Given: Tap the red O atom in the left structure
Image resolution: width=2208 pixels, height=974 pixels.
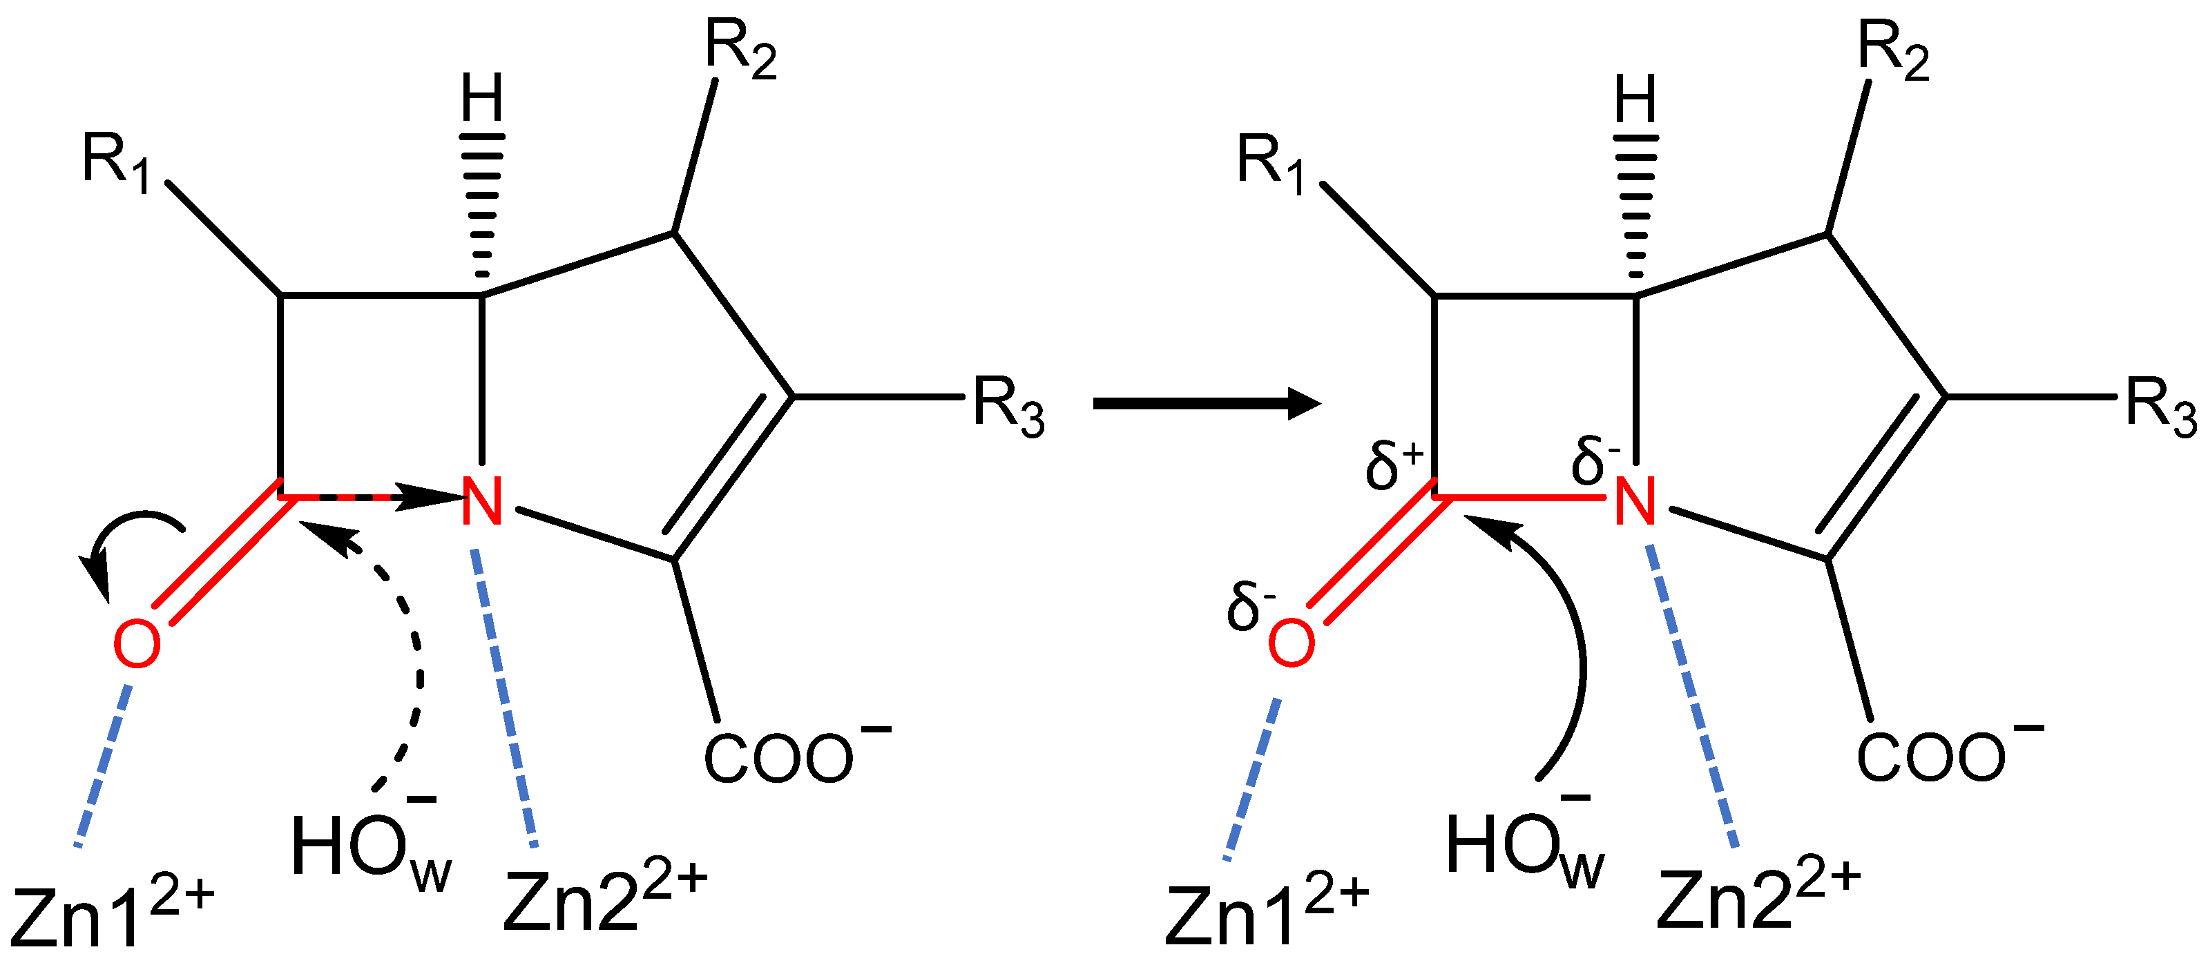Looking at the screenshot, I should tap(137, 644).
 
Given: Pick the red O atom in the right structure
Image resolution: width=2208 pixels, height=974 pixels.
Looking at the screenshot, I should tap(1291, 644).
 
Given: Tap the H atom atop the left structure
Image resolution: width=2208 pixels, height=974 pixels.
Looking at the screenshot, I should tap(481, 99).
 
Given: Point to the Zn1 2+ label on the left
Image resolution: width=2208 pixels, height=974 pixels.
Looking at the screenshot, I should tap(111, 913).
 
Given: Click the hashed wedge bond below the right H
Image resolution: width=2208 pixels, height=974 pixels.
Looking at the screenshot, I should tap(1635, 206).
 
